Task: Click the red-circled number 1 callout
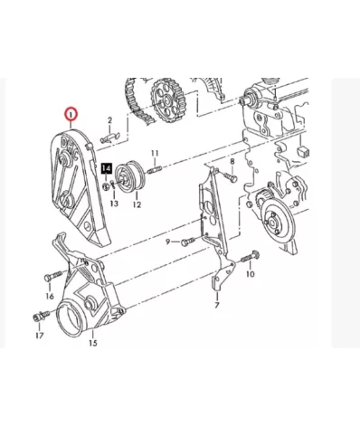click(71, 115)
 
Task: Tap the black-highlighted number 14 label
click(107, 168)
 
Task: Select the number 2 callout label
click(110, 120)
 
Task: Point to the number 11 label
click(155, 153)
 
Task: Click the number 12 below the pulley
click(137, 204)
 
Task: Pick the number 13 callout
click(114, 204)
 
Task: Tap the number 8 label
click(232, 162)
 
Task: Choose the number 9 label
click(168, 242)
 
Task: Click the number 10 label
click(251, 274)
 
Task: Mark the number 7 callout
click(217, 305)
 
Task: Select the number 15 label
click(93, 343)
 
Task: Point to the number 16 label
click(50, 297)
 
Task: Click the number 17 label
click(40, 336)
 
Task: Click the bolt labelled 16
click(53, 276)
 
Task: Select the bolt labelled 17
click(42, 316)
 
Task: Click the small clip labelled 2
click(109, 137)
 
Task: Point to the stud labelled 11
click(155, 169)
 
